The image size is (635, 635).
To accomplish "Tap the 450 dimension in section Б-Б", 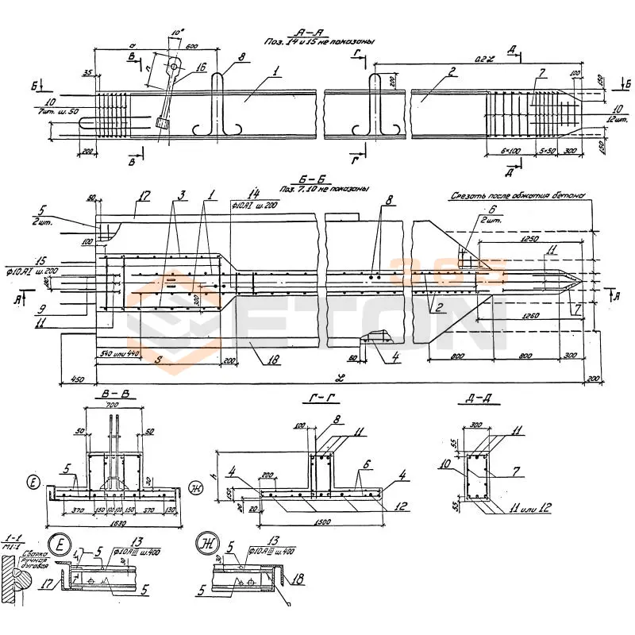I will [x=77, y=379].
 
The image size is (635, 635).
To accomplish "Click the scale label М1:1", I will [x=13, y=545].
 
